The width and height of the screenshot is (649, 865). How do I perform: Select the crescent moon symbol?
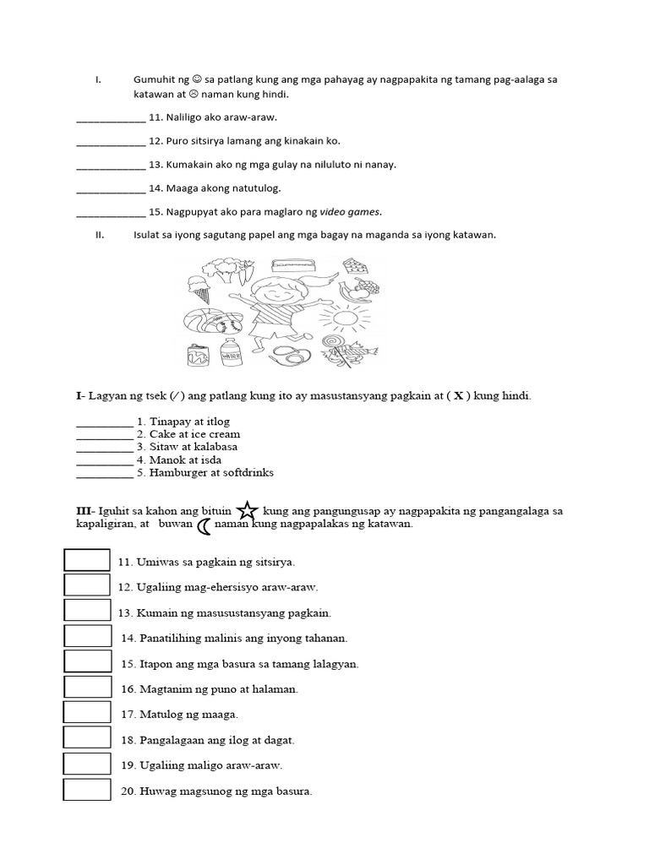[x=205, y=526]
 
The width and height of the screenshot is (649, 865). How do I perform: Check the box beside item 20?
[x=87, y=791]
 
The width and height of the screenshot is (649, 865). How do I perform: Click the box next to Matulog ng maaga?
[x=87, y=714]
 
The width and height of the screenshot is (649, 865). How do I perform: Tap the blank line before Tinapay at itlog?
[x=104, y=422]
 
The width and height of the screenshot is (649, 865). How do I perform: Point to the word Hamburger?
[x=179, y=472]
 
